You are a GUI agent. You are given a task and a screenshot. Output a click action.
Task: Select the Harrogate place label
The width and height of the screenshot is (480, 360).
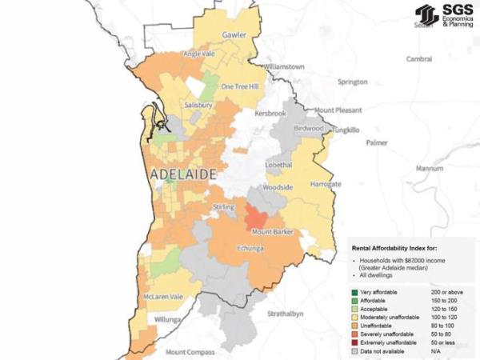click(x=326, y=184)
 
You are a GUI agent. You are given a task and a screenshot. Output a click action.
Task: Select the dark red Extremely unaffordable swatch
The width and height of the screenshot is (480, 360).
click(x=354, y=342)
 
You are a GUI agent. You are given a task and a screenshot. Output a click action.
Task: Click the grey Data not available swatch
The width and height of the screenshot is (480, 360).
click(x=354, y=350)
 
